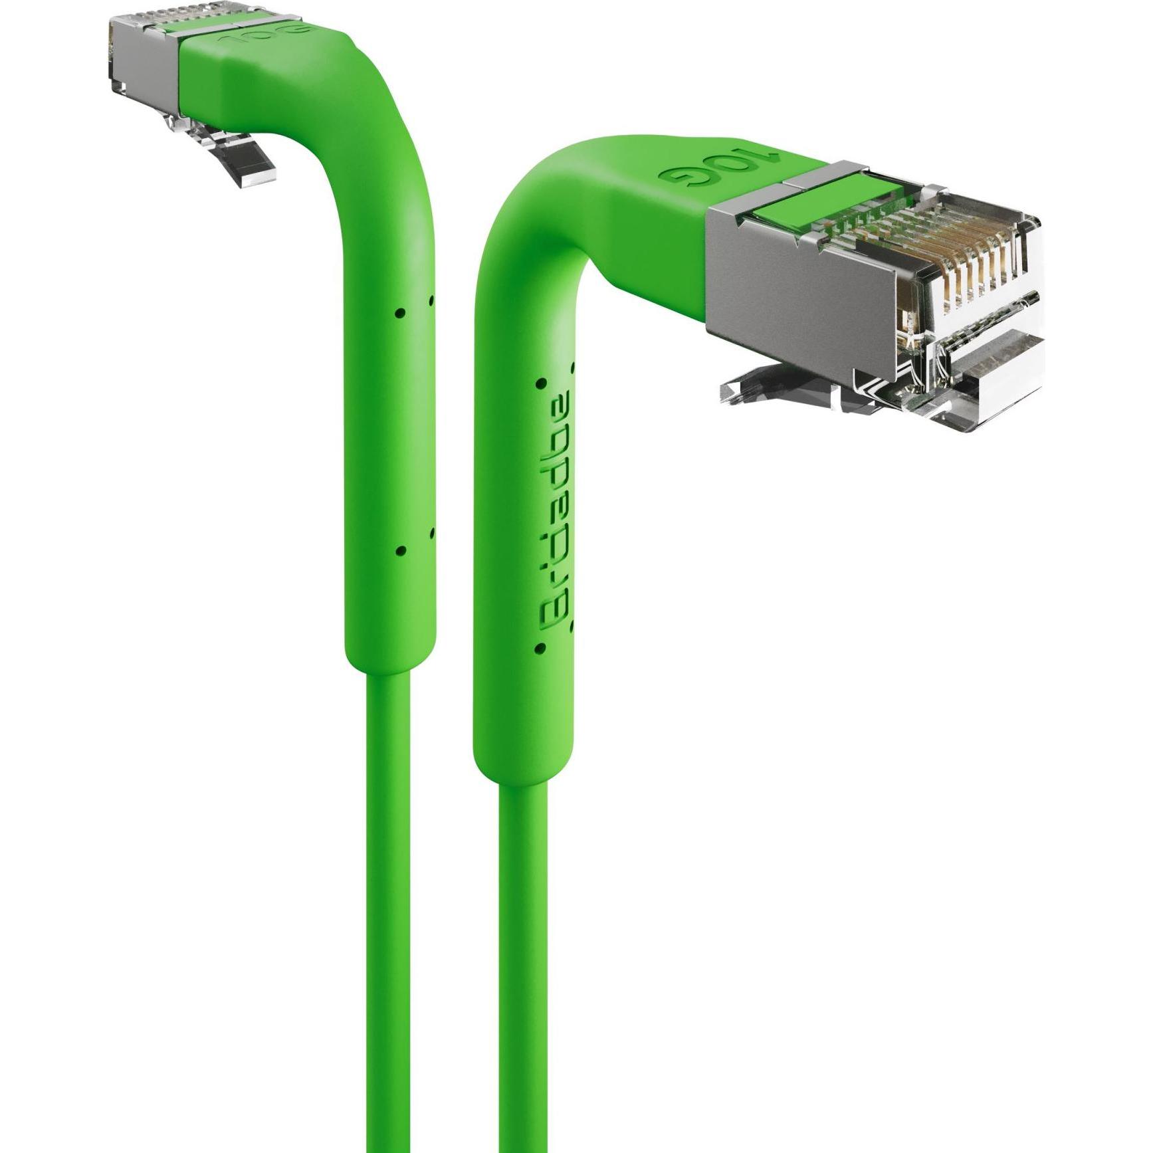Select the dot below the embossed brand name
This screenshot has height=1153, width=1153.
click(539, 646)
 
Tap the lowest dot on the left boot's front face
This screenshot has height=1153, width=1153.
click(401, 550)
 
